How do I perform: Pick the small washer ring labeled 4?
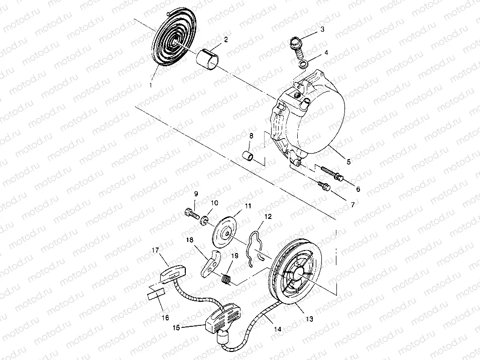303,65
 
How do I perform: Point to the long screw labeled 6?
332,173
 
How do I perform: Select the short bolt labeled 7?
324,186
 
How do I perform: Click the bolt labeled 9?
191,213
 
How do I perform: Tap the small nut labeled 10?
203,221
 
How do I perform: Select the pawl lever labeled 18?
211,263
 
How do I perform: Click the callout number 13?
309,319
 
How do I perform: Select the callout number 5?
348,161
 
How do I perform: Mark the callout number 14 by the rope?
277,329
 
